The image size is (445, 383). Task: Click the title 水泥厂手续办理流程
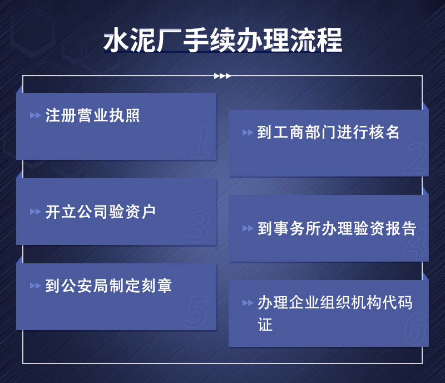click(x=222, y=41)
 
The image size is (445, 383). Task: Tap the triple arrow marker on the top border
click(x=222, y=76)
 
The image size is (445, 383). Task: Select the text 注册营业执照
click(x=92, y=116)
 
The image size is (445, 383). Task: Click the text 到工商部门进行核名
click(x=329, y=132)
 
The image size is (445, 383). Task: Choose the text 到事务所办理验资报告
click(x=337, y=229)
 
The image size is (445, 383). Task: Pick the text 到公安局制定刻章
click(x=108, y=286)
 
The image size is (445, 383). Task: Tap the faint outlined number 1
click(x=201, y=143)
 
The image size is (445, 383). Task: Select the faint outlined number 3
click(x=199, y=227)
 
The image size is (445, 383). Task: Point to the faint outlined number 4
click(x=416, y=244)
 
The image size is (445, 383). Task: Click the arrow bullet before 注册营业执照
click(x=35, y=116)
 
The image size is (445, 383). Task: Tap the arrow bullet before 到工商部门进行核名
click(x=248, y=133)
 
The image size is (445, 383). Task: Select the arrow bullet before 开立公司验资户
click(x=35, y=212)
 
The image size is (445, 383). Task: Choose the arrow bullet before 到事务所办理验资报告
click(x=248, y=229)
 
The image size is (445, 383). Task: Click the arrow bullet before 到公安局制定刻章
click(x=35, y=286)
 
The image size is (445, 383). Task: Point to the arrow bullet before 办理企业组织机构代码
click(x=248, y=303)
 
